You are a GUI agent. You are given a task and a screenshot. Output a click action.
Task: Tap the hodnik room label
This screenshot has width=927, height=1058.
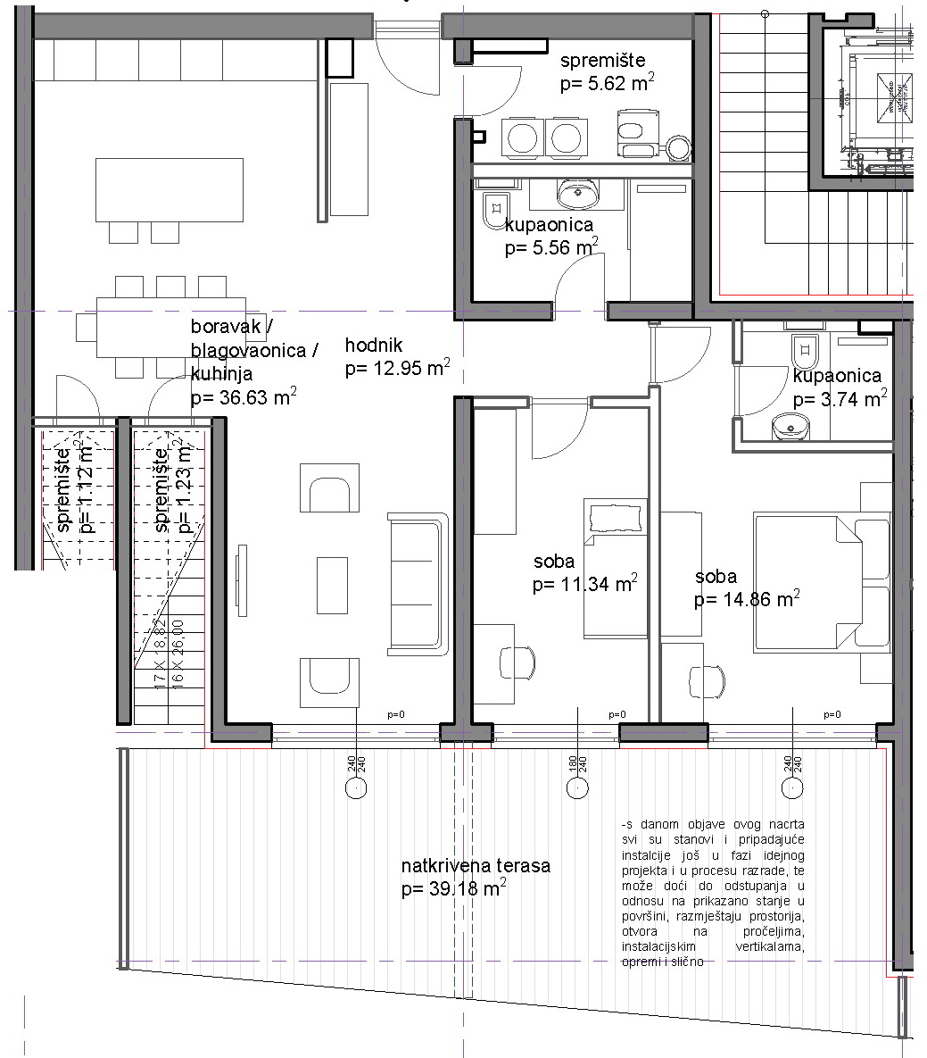pyautogui.click(x=375, y=346)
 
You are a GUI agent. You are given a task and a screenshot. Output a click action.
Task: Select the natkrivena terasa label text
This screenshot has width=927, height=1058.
pyautogui.click(x=476, y=866)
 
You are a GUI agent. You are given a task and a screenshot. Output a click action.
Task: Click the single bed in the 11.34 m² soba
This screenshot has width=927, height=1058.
pyautogui.click(x=616, y=569)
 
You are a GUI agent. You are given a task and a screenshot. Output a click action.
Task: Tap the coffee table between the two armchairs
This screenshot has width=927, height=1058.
pyautogui.click(x=332, y=585)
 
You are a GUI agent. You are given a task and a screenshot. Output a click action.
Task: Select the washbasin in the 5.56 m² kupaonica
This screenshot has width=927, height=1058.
pyautogui.click(x=578, y=191)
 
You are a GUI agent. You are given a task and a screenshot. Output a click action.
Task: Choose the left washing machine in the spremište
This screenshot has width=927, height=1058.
pyautogui.click(x=519, y=137)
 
